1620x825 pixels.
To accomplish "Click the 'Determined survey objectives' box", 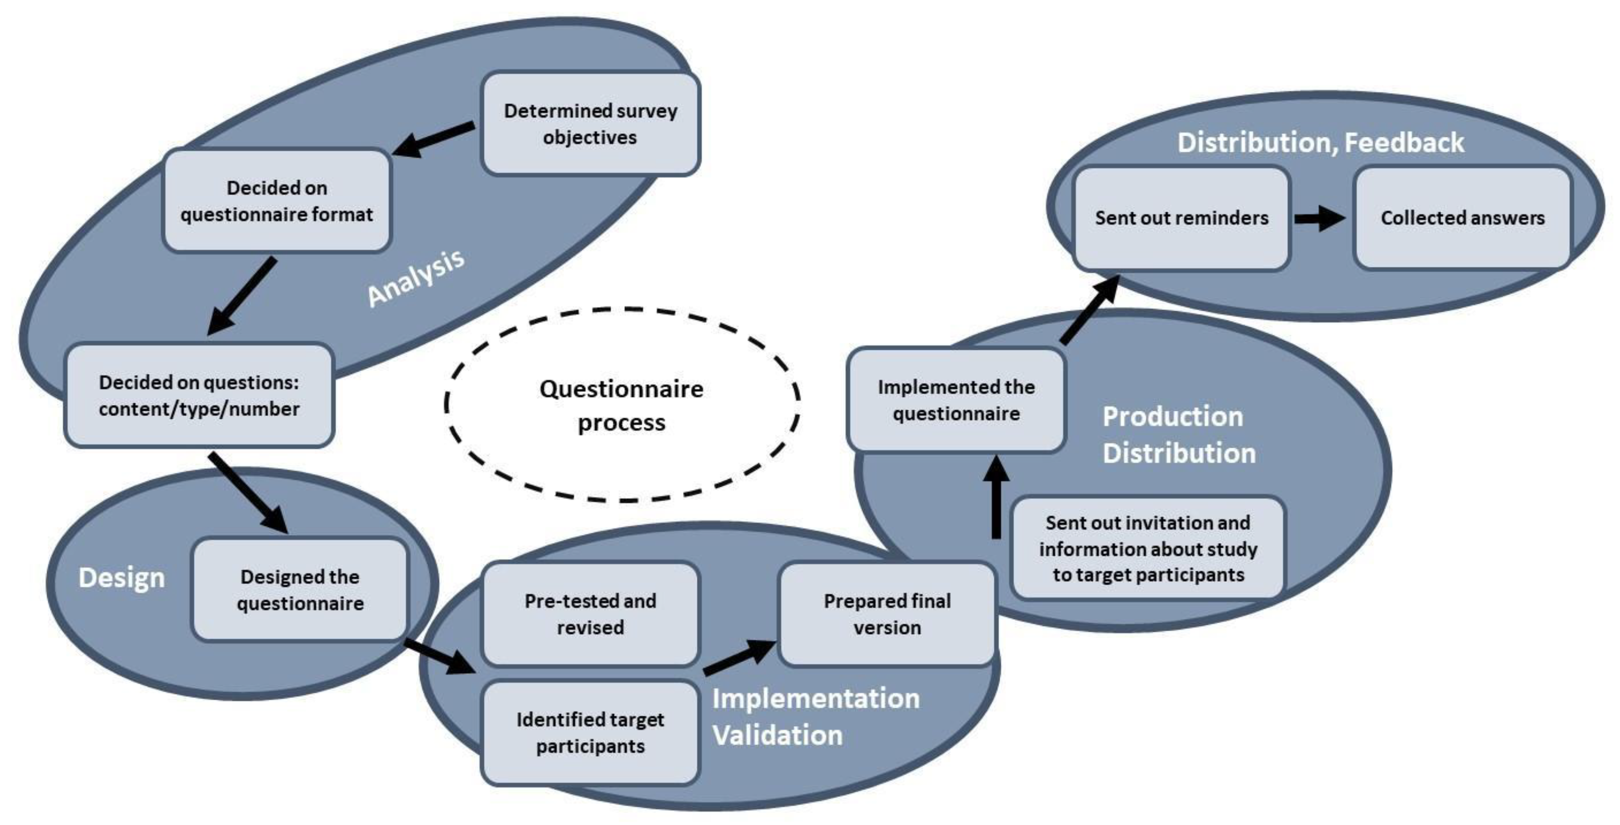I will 590,123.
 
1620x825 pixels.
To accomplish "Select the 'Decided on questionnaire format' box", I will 277,200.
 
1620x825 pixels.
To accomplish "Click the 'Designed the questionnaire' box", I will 300,589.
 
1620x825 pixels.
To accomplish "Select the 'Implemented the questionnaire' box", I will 956,400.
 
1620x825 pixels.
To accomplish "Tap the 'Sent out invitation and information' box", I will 1148,548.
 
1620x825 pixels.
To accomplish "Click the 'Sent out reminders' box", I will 1181,217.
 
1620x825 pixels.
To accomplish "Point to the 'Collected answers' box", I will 1462,217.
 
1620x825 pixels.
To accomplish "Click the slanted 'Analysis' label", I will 416,278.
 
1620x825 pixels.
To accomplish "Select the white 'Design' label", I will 121,577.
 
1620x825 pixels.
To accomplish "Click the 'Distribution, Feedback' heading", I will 1321,142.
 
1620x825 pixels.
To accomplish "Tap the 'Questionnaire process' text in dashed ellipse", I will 622,405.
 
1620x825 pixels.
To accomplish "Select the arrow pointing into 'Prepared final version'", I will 739,657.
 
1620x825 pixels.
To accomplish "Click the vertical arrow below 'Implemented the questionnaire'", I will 996,498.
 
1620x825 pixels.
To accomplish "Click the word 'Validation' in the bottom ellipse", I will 777,735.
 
